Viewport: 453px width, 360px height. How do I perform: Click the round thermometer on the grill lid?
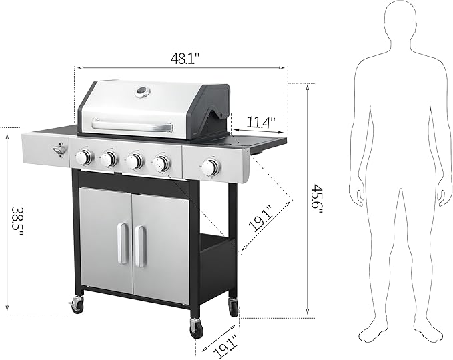point(142,92)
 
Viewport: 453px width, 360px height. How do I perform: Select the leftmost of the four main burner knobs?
point(83,157)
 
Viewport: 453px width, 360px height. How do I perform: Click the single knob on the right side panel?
point(211,168)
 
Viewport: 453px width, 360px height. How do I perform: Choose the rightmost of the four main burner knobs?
point(161,163)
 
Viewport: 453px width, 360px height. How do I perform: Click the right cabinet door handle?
point(141,246)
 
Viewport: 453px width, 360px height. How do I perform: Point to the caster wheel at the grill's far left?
point(77,306)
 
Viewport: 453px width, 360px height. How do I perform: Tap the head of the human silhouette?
point(398,19)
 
